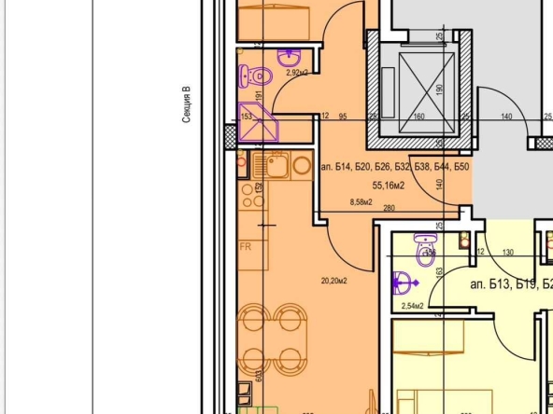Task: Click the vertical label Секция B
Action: (187, 105)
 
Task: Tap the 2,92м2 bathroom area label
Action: (271, 72)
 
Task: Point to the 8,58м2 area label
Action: (360, 201)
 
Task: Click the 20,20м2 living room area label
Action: (333, 281)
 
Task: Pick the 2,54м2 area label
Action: (412, 305)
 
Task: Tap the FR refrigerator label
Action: (247, 247)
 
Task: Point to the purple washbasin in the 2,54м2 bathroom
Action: (404, 279)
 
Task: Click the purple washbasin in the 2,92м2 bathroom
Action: (245, 76)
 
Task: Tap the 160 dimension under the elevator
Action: (419, 117)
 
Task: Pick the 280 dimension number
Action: (389, 208)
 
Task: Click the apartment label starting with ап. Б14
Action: (394, 168)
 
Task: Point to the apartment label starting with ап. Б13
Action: (510, 284)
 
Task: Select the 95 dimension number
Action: (343, 117)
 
